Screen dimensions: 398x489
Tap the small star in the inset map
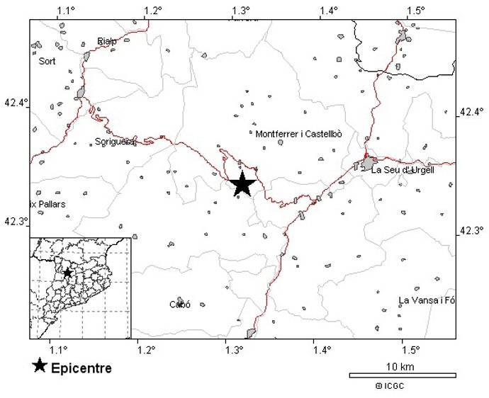[x=67, y=273]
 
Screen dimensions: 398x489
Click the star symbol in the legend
[x=40, y=366]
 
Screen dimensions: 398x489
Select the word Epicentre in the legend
[x=81, y=368]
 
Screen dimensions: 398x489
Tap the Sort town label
[x=47, y=61]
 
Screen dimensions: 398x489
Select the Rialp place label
[x=107, y=41]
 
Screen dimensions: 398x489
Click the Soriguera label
[x=114, y=142]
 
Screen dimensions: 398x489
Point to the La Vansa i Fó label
[x=427, y=301]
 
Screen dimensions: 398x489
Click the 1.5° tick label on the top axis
[x=416, y=11]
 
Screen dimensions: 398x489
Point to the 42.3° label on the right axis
[x=472, y=231]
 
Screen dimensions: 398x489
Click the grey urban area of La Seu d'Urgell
[x=368, y=165]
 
